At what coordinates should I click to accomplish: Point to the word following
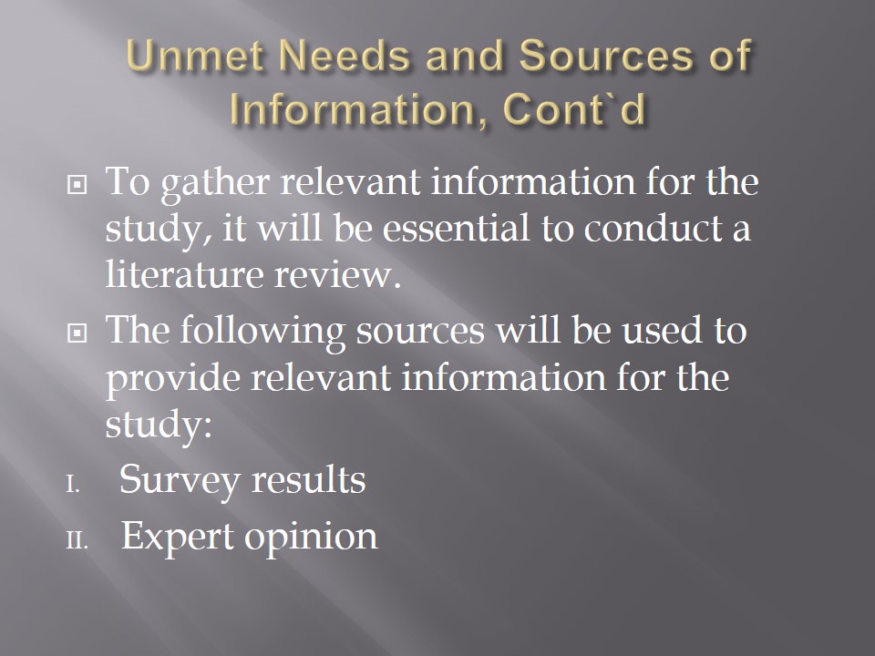(x=262, y=332)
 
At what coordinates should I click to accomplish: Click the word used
(x=662, y=330)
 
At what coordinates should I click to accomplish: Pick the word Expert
(x=178, y=537)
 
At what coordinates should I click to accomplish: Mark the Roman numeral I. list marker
(x=73, y=486)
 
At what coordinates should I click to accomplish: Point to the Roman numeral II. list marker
(x=77, y=541)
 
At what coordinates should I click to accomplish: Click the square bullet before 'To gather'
(x=77, y=184)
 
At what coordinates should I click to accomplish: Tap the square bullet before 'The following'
(x=77, y=333)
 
